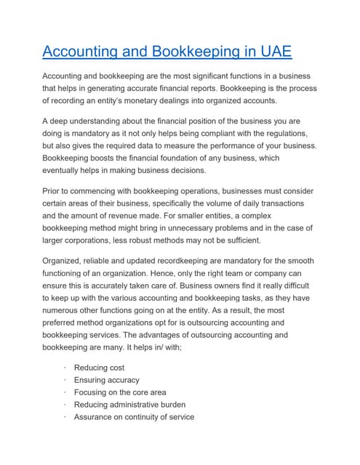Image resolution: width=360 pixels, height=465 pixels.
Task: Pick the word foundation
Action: [x=209, y=158]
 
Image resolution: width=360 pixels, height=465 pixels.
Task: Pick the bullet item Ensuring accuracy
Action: [x=106, y=380]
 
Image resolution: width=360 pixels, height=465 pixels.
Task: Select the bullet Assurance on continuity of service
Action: [x=134, y=417]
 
